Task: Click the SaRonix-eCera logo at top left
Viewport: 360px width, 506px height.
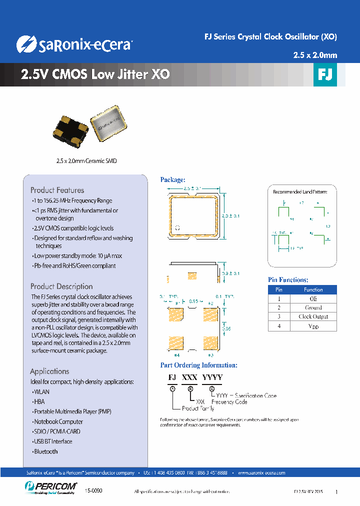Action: click(x=74, y=44)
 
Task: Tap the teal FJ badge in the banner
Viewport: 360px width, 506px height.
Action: click(x=325, y=75)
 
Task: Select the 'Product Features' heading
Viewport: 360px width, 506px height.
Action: click(x=57, y=190)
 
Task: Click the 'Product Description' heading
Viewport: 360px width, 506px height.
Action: click(x=61, y=286)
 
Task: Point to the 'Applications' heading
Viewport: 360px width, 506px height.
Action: click(x=49, y=371)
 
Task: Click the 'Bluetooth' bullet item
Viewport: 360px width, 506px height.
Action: click(x=45, y=451)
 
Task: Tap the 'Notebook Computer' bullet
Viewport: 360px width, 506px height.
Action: click(x=58, y=421)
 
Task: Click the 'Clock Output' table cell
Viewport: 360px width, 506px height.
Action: click(x=313, y=316)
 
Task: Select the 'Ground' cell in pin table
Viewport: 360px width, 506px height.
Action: click(x=313, y=307)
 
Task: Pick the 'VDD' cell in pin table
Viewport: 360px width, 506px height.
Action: click(x=313, y=326)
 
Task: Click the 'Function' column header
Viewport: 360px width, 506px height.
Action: click(x=313, y=289)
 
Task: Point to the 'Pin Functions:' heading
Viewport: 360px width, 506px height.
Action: click(x=288, y=280)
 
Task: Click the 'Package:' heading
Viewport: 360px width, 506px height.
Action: click(x=172, y=179)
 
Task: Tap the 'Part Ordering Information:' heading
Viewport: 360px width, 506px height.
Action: click(x=198, y=365)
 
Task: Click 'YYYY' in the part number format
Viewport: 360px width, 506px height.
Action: click(x=212, y=377)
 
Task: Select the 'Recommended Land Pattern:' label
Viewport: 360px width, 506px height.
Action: click(x=300, y=192)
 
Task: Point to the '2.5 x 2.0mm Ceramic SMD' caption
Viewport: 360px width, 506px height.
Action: click(x=86, y=161)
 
